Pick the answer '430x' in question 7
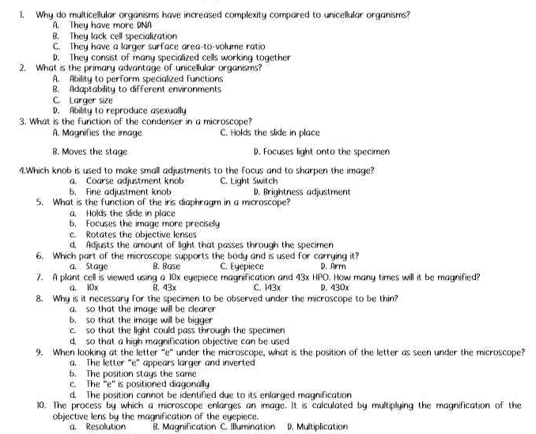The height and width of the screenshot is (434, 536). pos(335,288)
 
